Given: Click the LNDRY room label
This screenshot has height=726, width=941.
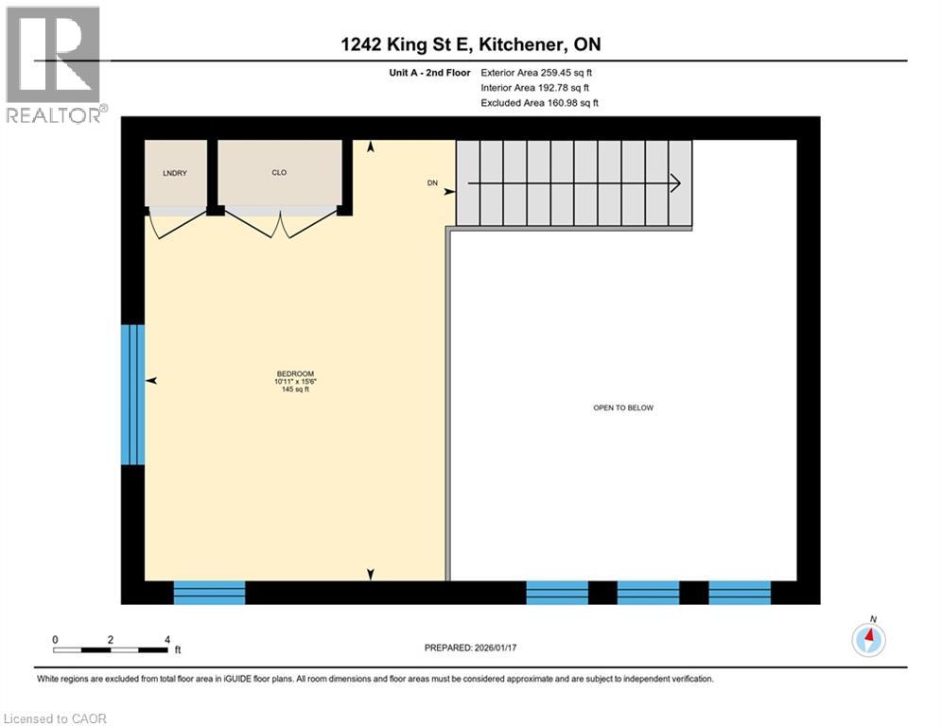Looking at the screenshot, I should [x=171, y=172].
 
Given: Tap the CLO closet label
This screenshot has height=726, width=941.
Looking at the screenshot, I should [x=279, y=172].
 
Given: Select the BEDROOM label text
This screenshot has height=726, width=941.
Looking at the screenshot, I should [x=295, y=373].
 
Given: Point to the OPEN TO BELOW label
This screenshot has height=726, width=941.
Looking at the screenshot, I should [x=623, y=407].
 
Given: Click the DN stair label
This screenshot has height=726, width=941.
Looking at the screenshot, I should [x=433, y=184].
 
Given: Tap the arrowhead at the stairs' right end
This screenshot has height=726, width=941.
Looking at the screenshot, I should [x=675, y=183].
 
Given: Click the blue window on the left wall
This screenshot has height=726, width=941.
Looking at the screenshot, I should [x=132, y=395].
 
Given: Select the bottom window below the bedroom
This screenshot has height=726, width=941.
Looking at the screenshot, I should [x=209, y=593].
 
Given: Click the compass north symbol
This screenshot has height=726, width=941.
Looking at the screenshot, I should [x=868, y=639].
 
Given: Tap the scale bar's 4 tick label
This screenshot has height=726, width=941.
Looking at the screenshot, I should [x=167, y=639].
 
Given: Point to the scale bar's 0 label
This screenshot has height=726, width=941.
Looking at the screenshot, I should [x=55, y=639].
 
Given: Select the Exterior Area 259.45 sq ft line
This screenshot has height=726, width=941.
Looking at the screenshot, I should [x=536, y=72].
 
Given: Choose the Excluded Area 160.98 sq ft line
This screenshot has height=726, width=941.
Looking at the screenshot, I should [x=539, y=102].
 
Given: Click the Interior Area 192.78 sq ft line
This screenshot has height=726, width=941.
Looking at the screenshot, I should [x=534, y=87].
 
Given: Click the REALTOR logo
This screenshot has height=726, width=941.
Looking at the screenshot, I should [x=54, y=64].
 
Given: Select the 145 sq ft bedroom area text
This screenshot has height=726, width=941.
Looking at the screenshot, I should [x=295, y=389].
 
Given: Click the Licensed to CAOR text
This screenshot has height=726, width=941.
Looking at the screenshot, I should [x=56, y=718].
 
